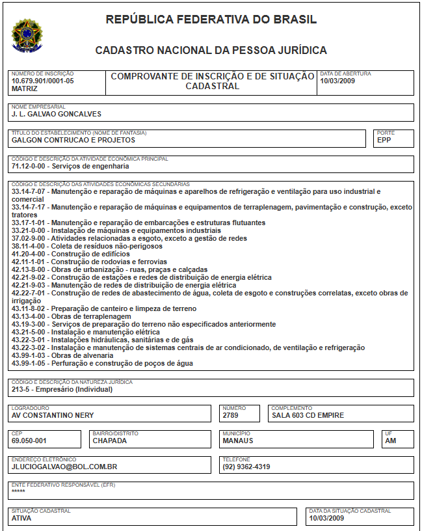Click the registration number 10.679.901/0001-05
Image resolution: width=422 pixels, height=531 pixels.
42,81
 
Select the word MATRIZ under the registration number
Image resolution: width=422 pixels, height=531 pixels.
25,89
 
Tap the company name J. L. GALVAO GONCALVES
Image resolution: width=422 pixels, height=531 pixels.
56,114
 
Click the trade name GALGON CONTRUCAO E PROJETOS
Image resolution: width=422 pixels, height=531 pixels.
73,140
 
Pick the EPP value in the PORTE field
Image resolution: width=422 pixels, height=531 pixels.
384,140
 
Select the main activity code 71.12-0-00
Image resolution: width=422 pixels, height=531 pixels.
30,166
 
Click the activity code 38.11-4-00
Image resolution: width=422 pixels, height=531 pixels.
30,246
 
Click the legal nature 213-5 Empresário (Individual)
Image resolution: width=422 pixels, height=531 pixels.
62,390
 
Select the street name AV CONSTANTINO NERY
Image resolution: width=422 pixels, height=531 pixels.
53,415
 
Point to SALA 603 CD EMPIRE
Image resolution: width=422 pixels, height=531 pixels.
308,415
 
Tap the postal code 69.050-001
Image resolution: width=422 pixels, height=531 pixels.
29,441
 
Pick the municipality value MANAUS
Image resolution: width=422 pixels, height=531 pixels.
237,441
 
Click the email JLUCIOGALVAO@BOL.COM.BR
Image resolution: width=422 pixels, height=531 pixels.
64,467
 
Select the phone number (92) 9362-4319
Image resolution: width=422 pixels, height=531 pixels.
246,467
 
